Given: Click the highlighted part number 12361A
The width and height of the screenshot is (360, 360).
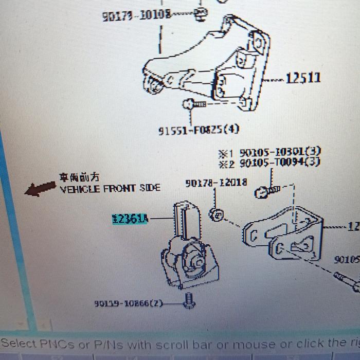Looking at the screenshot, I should point(130,220).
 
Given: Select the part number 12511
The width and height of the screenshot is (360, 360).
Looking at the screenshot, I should point(303,79).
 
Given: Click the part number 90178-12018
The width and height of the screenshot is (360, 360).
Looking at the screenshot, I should point(216,183).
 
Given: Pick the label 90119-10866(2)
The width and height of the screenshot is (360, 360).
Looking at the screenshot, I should point(129,303).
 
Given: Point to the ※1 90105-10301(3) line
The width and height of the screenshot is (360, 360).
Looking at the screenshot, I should point(269,152).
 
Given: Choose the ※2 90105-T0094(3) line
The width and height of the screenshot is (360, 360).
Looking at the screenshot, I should point(269,163).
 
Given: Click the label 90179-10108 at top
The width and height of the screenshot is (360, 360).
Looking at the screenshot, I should point(136,15).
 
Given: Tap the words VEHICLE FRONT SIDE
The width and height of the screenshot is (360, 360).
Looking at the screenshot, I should point(110,189).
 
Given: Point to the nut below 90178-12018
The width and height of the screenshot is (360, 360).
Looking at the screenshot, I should point(217,213).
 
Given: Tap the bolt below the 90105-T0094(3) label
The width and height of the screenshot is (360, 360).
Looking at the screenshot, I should point(266,192).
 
